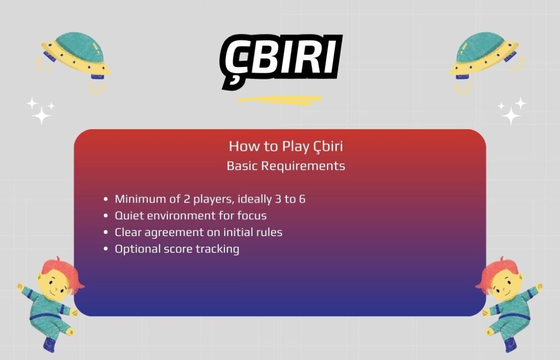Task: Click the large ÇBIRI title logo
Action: [x=281, y=61]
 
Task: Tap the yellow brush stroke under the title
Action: [x=280, y=100]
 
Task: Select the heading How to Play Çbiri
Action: [x=285, y=146]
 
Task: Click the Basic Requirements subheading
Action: [x=285, y=166]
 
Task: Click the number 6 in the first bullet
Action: [x=302, y=199]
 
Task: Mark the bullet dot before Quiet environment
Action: [x=106, y=216]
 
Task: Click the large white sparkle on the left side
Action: [x=41, y=115]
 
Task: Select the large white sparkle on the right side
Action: [x=511, y=115]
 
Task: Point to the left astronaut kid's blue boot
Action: [x=49, y=343]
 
